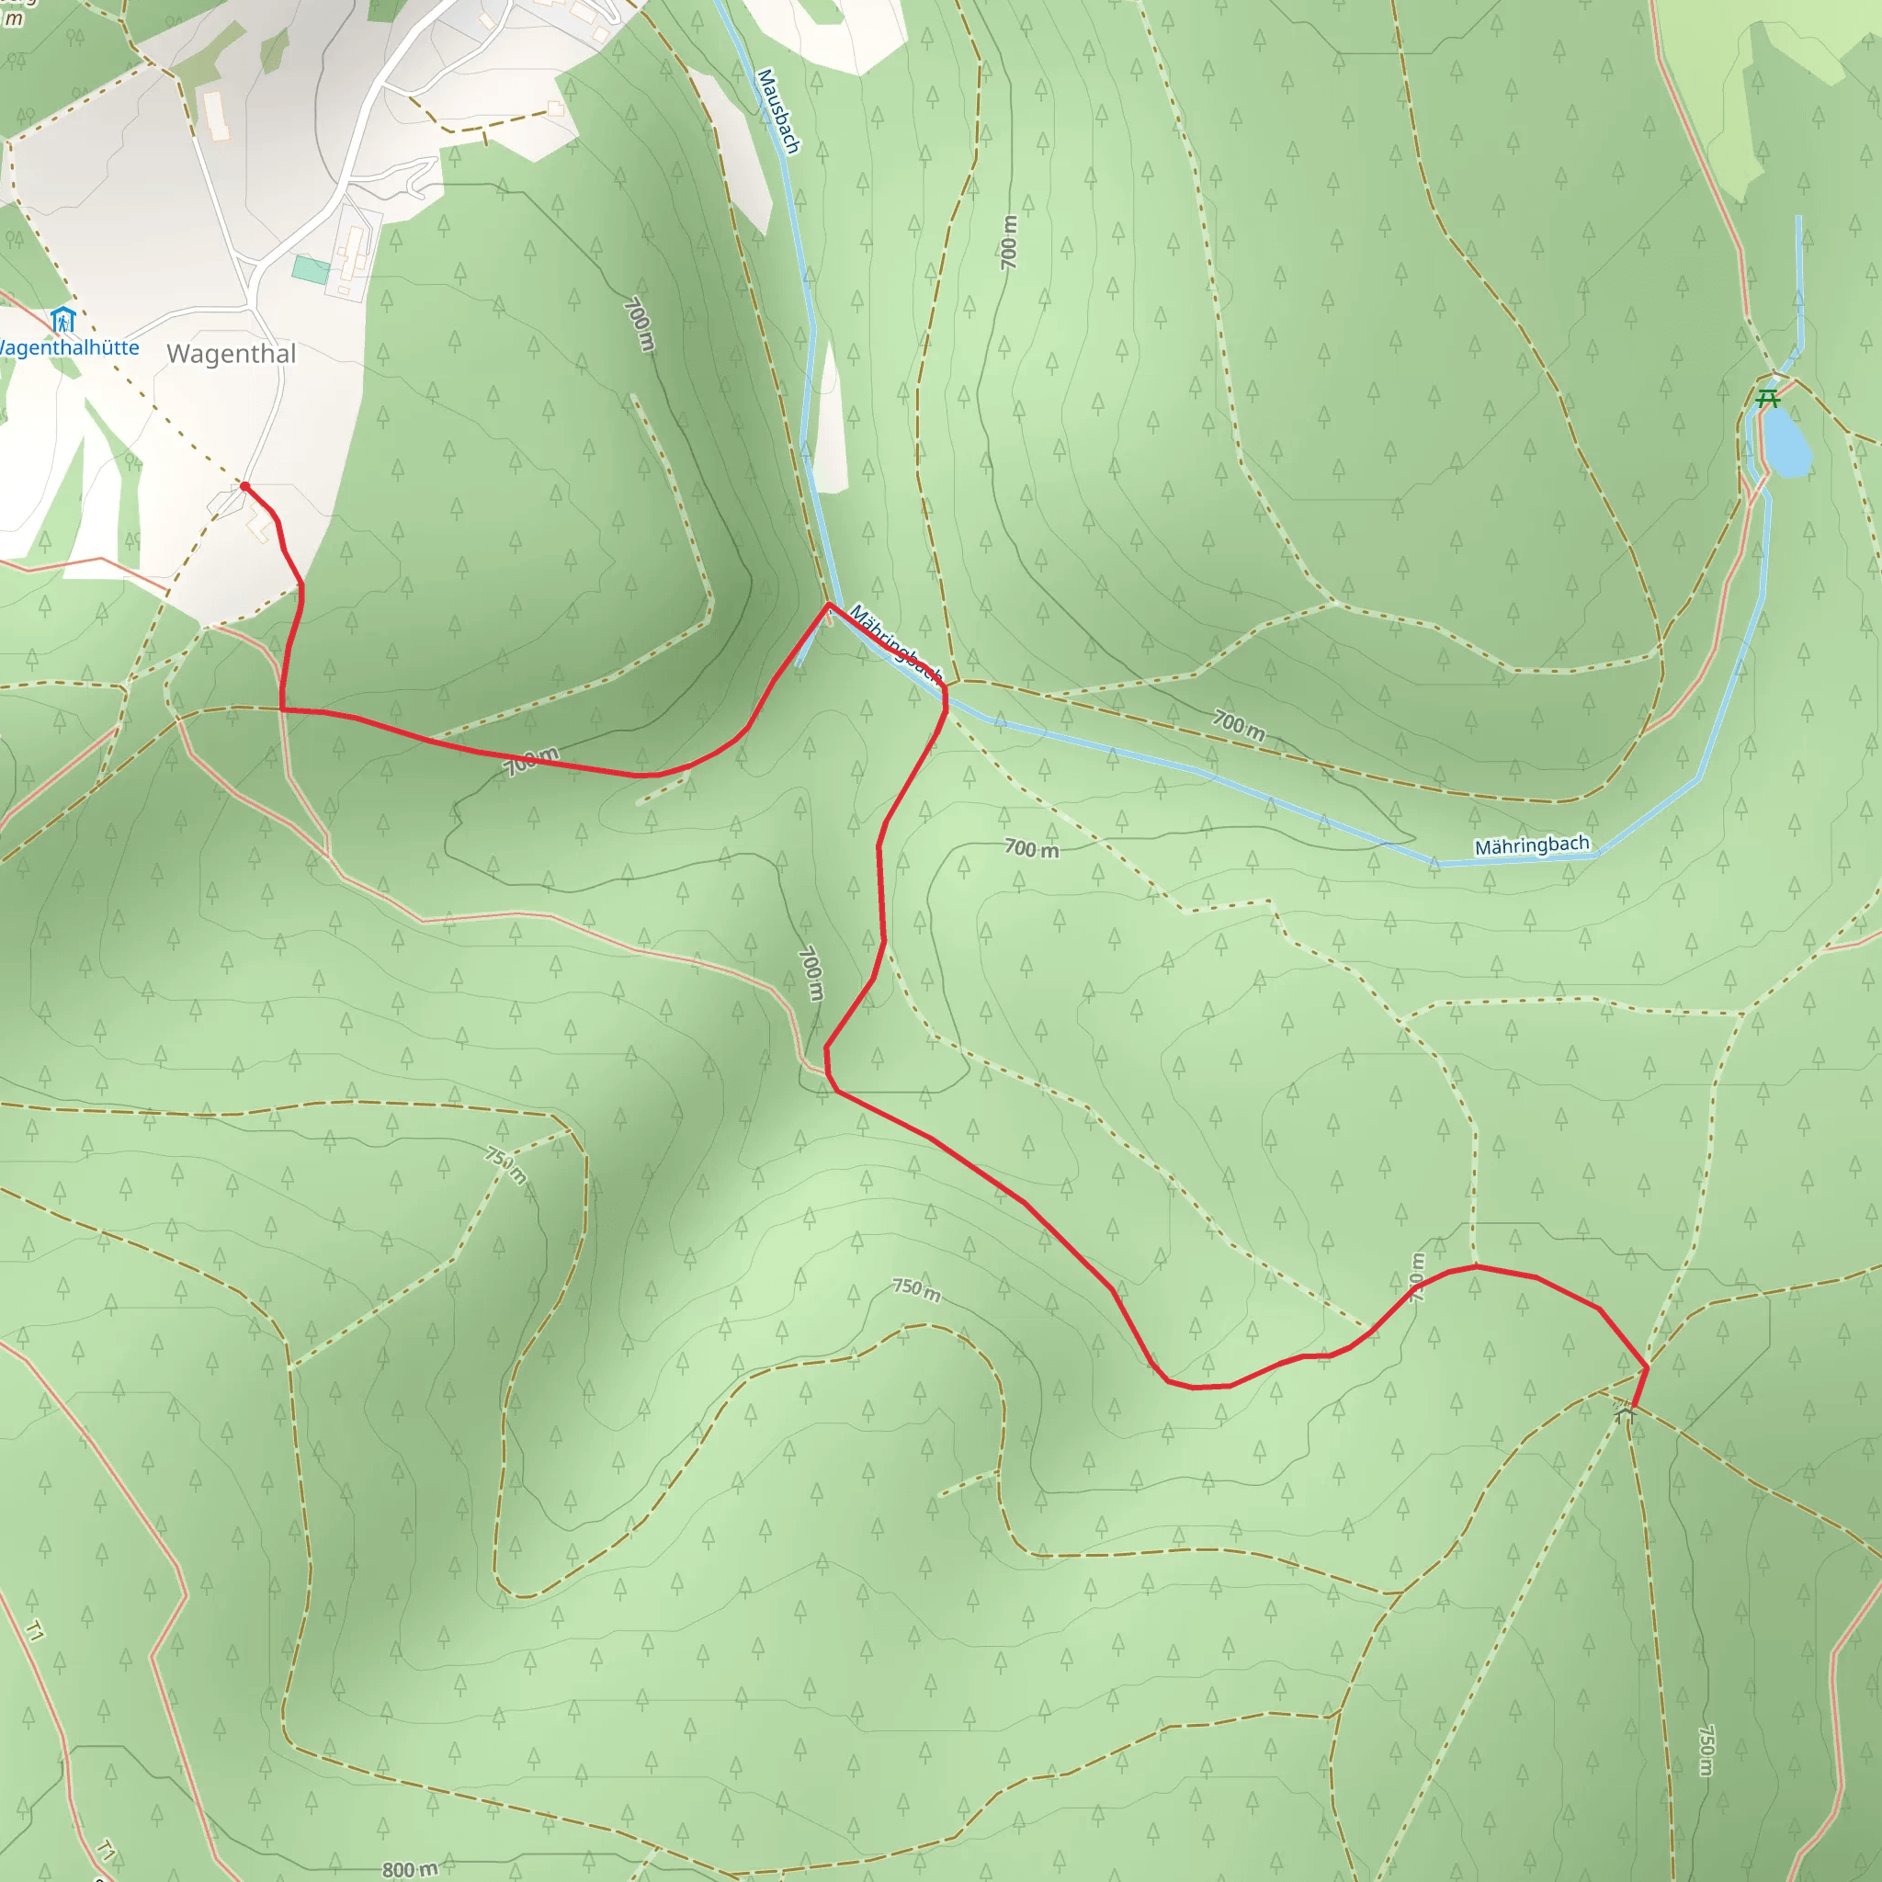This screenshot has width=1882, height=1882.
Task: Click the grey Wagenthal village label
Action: click(231, 354)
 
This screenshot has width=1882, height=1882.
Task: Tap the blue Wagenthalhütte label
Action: click(68, 347)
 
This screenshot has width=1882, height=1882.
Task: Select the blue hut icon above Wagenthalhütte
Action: click(62, 320)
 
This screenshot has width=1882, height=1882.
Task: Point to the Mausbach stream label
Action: click(778, 111)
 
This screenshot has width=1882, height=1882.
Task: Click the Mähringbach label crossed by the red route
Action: click(895, 644)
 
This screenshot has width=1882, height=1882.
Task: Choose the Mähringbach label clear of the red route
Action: click(1531, 845)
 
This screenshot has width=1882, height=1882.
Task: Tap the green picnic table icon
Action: click(1767, 399)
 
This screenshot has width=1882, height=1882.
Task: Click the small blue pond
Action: click(1787, 444)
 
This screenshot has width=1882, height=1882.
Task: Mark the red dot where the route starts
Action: click(244, 486)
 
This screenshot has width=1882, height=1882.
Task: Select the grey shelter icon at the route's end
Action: click(1623, 1411)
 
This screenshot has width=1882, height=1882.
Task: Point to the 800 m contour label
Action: click(409, 1868)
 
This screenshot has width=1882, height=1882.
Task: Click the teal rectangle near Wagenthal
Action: click(311, 270)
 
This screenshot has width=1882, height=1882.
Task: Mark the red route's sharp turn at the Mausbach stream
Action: click(829, 605)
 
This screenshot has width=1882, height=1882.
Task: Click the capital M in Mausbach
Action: click(765, 77)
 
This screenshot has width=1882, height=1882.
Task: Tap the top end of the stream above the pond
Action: click(1798, 217)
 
